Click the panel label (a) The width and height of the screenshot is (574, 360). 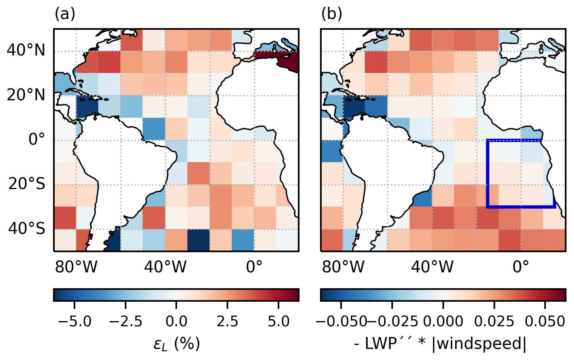point(65,14)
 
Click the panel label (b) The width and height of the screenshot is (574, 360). point(332,14)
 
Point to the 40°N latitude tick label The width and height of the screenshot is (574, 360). point(26,51)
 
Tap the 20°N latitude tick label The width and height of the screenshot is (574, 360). point(26,95)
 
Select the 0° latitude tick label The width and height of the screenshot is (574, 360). point(36,140)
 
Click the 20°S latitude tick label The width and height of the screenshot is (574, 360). point(27,184)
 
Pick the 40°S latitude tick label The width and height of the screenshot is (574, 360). point(27,229)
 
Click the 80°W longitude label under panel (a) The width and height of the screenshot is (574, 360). point(76,267)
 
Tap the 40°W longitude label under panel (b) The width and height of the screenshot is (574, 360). point(432,267)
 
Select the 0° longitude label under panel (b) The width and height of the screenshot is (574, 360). point(521,267)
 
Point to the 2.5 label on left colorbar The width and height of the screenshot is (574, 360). point(227,321)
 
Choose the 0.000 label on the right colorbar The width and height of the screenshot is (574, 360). point(443,321)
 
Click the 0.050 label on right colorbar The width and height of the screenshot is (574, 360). point(545,321)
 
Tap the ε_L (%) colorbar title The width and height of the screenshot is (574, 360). point(177,343)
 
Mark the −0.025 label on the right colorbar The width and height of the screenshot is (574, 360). point(392,321)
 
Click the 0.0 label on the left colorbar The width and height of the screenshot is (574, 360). point(176,321)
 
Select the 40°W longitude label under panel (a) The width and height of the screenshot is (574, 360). point(165,267)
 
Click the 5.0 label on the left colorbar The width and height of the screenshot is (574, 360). point(278,321)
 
